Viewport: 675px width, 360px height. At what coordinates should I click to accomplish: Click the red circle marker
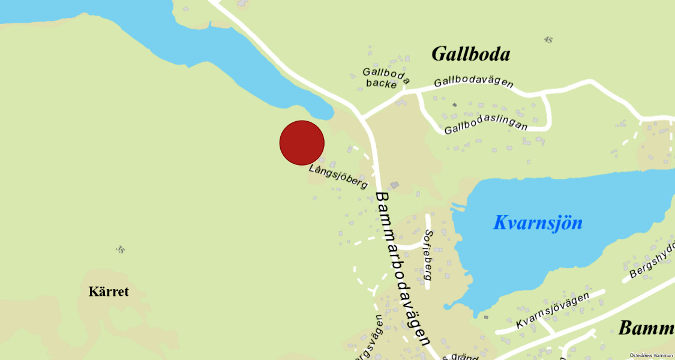pos(302,143)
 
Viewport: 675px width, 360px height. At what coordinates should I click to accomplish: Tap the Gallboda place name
pos(471,55)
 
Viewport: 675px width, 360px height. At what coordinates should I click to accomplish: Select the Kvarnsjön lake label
pos(538,223)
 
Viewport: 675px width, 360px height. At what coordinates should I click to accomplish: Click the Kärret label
pos(109,292)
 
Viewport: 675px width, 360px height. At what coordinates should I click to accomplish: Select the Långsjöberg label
pos(338,177)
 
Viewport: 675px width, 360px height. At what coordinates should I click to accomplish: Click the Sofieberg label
pos(428,255)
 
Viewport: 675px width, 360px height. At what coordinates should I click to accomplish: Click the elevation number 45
pos(547,40)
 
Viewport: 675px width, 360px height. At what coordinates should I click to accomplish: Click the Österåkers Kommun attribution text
pos(652,355)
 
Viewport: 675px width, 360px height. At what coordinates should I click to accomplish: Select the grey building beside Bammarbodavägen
pos(394,185)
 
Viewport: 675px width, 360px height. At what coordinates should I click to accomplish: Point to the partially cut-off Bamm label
pos(646,328)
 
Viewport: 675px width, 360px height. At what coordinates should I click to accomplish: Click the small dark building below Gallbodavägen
pos(454,105)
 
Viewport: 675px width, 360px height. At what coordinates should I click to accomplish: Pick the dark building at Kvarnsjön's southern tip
pos(485,317)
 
